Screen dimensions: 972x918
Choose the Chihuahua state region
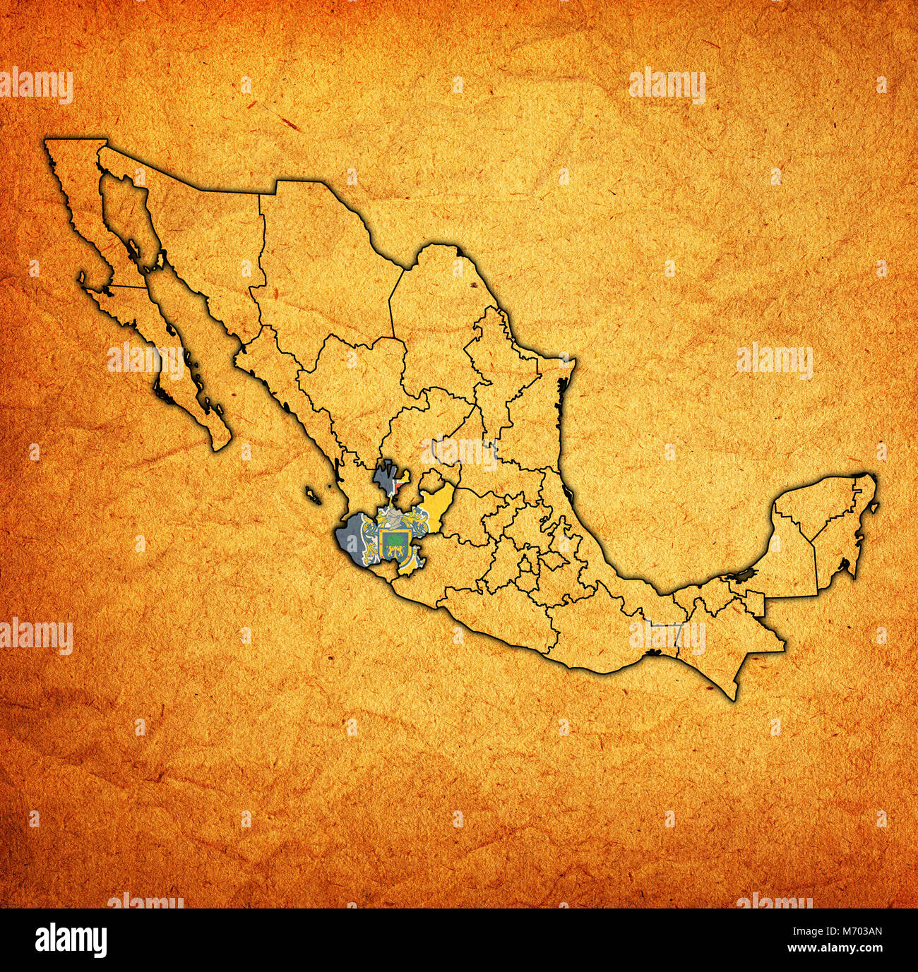point(318,268)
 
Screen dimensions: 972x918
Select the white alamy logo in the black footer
point(71,940)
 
